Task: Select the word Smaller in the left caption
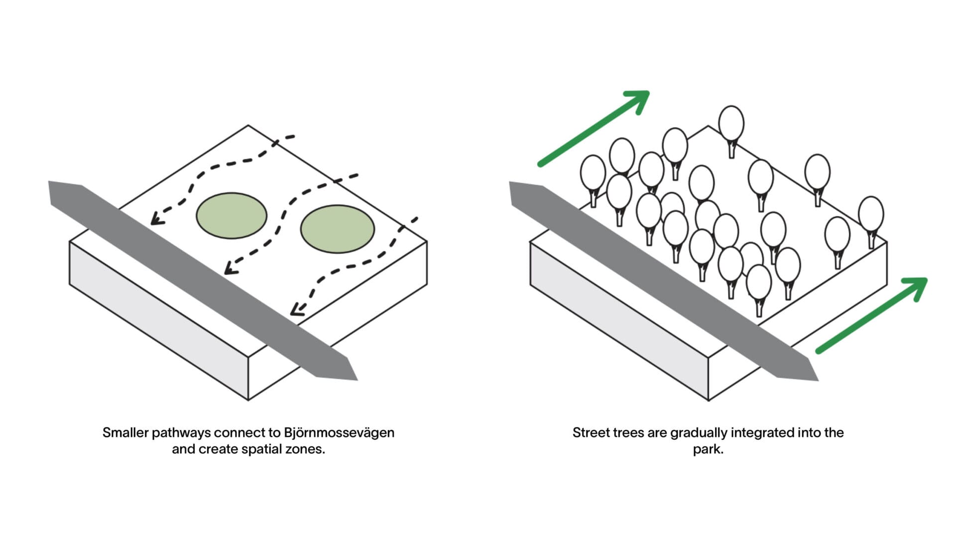click(125, 432)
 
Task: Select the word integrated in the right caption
click(762, 433)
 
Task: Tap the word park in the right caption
click(707, 449)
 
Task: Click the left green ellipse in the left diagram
click(232, 216)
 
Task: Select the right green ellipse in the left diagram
click(337, 229)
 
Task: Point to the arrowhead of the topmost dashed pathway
click(155, 220)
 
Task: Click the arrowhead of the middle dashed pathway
click(229, 269)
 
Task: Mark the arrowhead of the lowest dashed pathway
click(295, 311)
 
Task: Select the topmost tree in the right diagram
click(731, 125)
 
